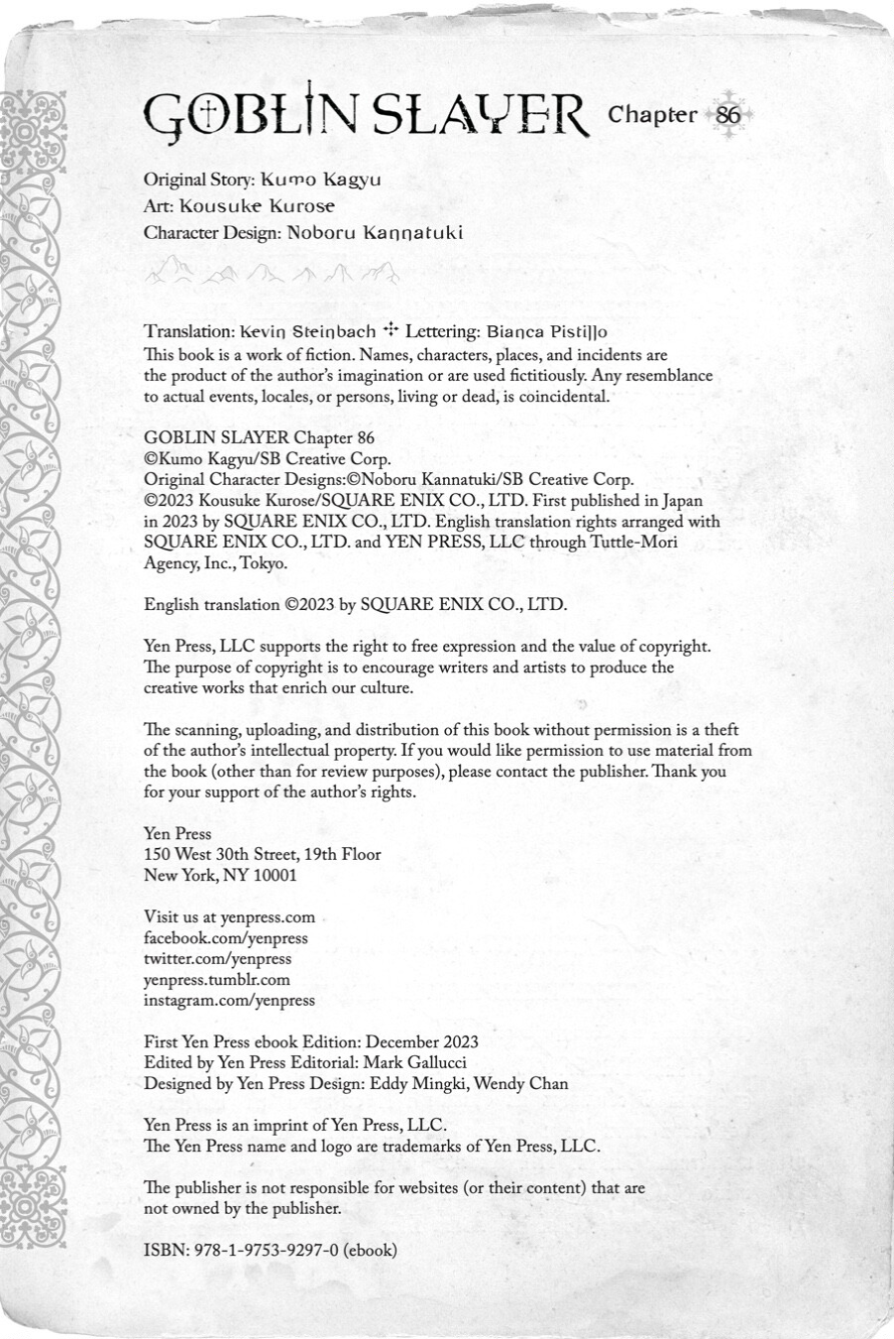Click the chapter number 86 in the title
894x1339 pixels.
tap(727, 115)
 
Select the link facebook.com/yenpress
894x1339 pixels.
tap(226, 938)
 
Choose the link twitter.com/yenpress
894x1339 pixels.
tap(218, 959)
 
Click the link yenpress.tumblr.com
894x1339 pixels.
tap(217, 980)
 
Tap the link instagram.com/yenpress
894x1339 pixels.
tap(229, 1001)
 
